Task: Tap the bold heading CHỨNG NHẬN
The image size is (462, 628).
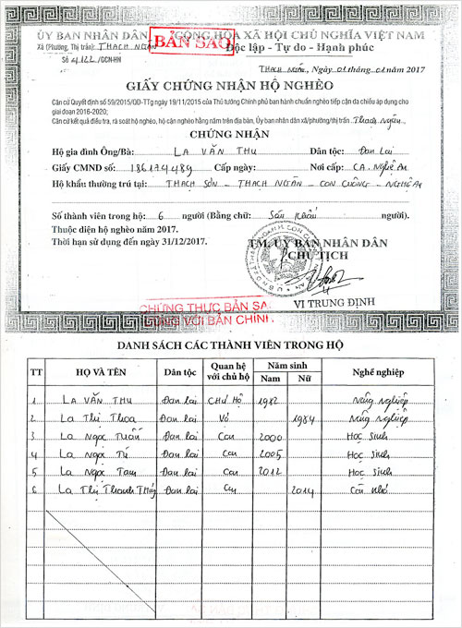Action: (231, 134)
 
